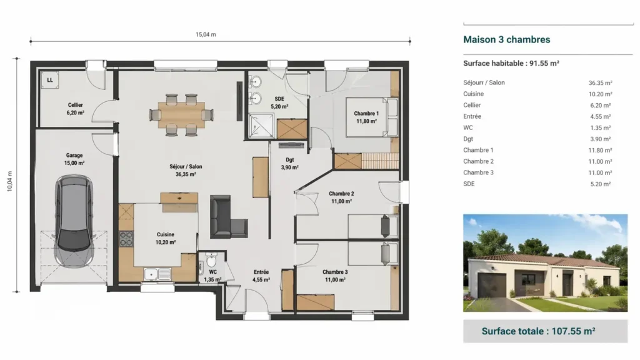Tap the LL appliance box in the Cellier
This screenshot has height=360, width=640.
(x=49, y=80)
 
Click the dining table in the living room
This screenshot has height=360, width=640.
(x=182, y=114)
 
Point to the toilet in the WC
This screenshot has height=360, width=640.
(x=211, y=259)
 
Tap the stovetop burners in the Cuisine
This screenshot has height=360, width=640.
(x=126, y=239)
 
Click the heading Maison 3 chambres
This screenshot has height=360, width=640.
(x=507, y=39)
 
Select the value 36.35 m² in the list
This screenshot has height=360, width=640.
(x=600, y=82)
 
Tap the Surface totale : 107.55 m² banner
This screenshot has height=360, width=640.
(x=545, y=331)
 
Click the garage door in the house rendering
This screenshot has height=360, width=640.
(x=491, y=285)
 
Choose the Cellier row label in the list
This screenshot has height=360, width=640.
(x=472, y=105)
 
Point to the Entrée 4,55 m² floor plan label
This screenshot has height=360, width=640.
(x=261, y=276)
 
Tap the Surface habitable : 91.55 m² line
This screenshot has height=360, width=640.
(x=511, y=63)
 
